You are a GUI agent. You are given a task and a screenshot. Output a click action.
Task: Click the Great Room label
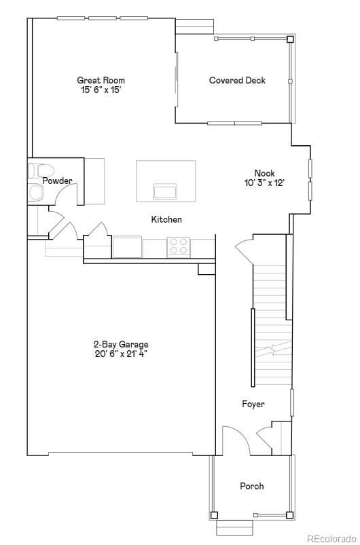(x=101, y=80)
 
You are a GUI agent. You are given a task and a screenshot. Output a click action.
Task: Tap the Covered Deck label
(x=237, y=80)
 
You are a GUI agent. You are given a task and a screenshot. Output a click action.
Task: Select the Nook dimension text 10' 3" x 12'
(x=265, y=183)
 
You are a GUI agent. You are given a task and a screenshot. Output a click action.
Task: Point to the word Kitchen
(x=166, y=220)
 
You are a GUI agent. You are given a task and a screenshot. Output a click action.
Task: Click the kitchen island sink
(x=165, y=191)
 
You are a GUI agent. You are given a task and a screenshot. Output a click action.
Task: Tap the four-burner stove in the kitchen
(x=179, y=246)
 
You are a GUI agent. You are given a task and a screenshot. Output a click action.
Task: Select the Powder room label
(x=57, y=181)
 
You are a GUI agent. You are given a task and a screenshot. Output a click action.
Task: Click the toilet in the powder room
(x=41, y=171)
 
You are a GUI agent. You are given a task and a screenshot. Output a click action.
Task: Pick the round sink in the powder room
(x=35, y=192)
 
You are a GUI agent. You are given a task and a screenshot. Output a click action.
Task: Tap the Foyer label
(x=253, y=404)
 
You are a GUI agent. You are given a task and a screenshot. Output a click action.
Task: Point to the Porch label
(x=252, y=486)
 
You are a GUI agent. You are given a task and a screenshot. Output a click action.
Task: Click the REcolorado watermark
(x=331, y=538)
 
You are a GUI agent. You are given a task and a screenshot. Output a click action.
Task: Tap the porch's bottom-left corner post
(x=214, y=515)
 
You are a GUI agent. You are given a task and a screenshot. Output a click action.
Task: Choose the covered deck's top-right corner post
(x=290, y=39)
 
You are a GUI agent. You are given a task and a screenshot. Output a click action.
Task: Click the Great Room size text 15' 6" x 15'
(x=101, y=90)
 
